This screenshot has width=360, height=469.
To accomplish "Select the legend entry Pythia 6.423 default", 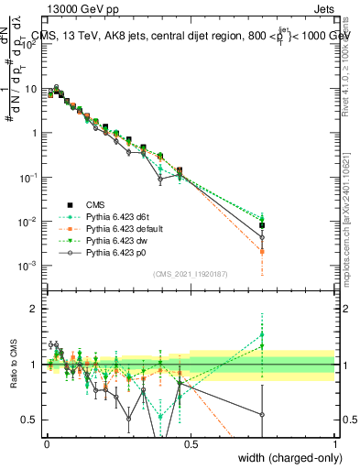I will pos(122,228).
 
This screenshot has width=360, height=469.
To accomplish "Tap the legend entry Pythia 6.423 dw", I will pos(114,240).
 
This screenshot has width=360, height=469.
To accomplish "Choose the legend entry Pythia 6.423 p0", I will pos(114,252).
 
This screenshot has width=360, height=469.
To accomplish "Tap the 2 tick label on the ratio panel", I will pos(35,309).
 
